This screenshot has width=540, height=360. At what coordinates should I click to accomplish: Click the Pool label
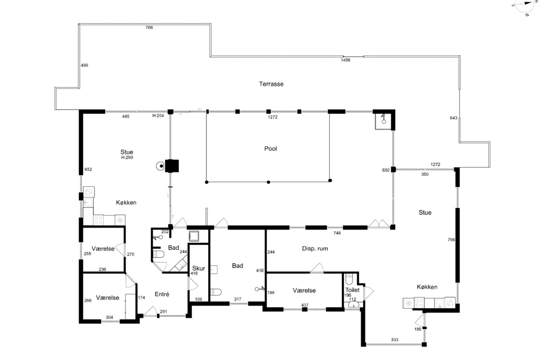(270, 148)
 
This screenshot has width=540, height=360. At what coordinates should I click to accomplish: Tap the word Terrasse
(271, 84)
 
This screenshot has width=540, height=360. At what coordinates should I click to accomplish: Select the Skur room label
(198, 268)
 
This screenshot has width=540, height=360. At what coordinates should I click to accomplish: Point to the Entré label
(162, 294)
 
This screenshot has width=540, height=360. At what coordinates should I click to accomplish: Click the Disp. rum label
(315, 248)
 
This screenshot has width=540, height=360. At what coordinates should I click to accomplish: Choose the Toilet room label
(352, 290)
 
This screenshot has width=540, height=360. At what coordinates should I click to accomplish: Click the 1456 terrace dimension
(345, 60)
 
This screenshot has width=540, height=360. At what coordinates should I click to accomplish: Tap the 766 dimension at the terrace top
(149, 27)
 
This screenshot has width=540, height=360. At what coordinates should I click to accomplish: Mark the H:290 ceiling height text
(127, 157)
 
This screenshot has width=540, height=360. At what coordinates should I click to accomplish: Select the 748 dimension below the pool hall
(337, 233)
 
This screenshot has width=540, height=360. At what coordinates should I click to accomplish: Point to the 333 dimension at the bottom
(394, 340)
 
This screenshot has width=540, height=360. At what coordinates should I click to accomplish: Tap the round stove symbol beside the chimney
(160, 166)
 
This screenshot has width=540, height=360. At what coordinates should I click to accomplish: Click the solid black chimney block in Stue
(172, 166)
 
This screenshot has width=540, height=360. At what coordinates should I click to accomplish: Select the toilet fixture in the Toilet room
(349, 279)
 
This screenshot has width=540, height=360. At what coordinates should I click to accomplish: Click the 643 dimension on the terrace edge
(453, 118)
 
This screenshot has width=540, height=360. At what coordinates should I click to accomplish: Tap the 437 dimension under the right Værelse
(305, 305)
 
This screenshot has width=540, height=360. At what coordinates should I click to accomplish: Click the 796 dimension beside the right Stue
(451, 240)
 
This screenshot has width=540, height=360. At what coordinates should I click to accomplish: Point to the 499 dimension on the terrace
(85, 65)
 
